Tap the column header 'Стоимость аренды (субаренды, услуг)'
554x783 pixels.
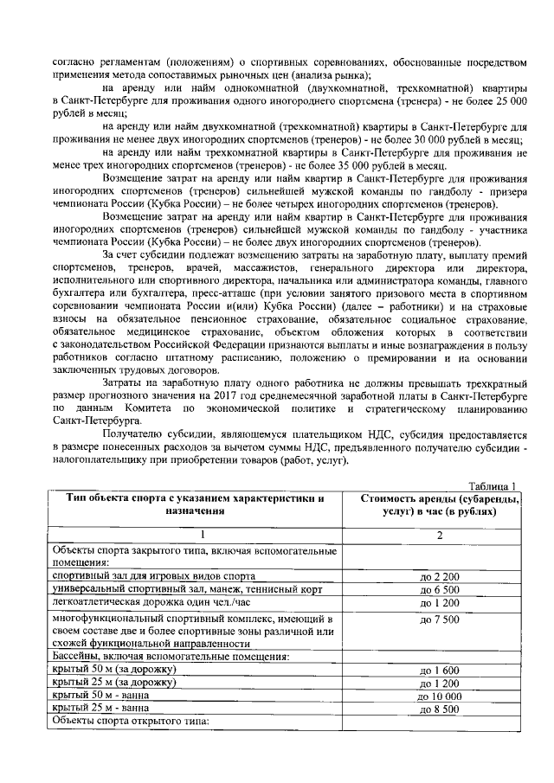439,505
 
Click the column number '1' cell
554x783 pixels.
196,536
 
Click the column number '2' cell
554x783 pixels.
439,536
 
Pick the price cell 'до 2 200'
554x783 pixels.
439,575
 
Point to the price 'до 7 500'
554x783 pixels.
439,620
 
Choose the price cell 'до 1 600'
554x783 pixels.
439,670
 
